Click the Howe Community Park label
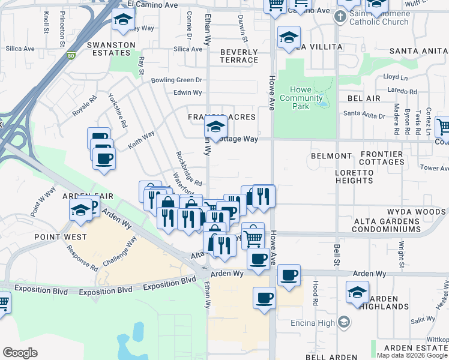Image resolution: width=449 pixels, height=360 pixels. tap(302, 98)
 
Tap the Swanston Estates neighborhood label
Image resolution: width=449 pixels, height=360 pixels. tap(110, 49)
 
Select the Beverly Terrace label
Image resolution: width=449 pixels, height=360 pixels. tap(239, 56)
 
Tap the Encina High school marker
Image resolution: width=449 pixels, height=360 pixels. tap(343, 322)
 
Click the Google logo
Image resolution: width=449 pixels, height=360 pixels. tap(20, 353)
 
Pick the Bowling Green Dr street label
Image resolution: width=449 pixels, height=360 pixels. tap(176, 80)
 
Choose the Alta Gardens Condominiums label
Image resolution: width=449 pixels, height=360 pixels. tap(393, 225)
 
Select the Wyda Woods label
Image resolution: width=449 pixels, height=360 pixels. tap(415, 212)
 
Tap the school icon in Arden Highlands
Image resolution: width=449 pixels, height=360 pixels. tap(357, 292)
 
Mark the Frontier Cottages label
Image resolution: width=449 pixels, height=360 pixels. tap(382, 158)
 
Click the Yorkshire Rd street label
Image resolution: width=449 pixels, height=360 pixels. tap(118, 110)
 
